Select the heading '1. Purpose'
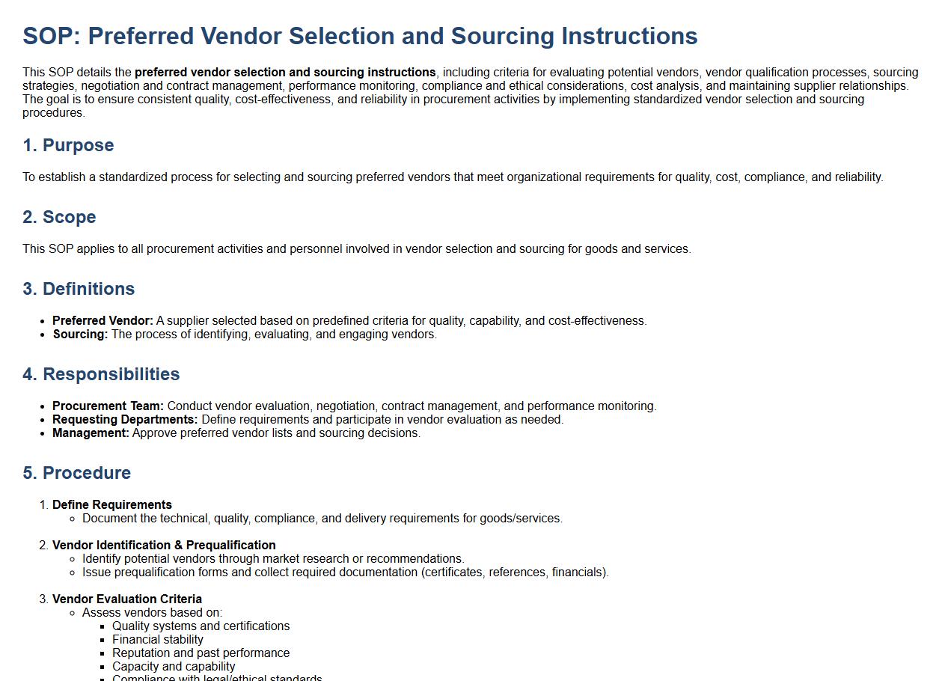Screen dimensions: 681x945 [x=68, y=145]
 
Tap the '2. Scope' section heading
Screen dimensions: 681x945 [x=59, y=217]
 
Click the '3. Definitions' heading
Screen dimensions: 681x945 [x=79, y=289]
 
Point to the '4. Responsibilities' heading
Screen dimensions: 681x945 [x=101, y=374]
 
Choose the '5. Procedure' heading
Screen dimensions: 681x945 [x=76, y=473]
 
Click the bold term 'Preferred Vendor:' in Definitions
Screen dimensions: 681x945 [x=103, y=321]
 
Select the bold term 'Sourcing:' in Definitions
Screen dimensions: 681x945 [x=80, y=335]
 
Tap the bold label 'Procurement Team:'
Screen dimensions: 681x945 [x=108, y=406]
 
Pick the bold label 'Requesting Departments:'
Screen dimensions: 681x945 [x=125, y=420]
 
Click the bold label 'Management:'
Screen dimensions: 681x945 [x=91, y=433]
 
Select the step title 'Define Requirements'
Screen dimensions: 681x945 [x=112, y=505]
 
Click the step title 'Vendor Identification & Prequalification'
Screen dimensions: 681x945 [x=164, y=546]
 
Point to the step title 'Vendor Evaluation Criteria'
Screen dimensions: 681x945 [x=127, y=599]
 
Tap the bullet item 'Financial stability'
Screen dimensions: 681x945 [x=158, y=640]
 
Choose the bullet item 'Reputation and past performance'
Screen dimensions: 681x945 [x=201, y=653]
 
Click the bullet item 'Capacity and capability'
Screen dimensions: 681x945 [x=174, y=667]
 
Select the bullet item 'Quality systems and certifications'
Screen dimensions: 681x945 [x=201, y=626]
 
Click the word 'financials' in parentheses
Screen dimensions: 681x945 [x=578, y=572]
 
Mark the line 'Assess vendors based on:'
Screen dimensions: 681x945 [x=152, y=613]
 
